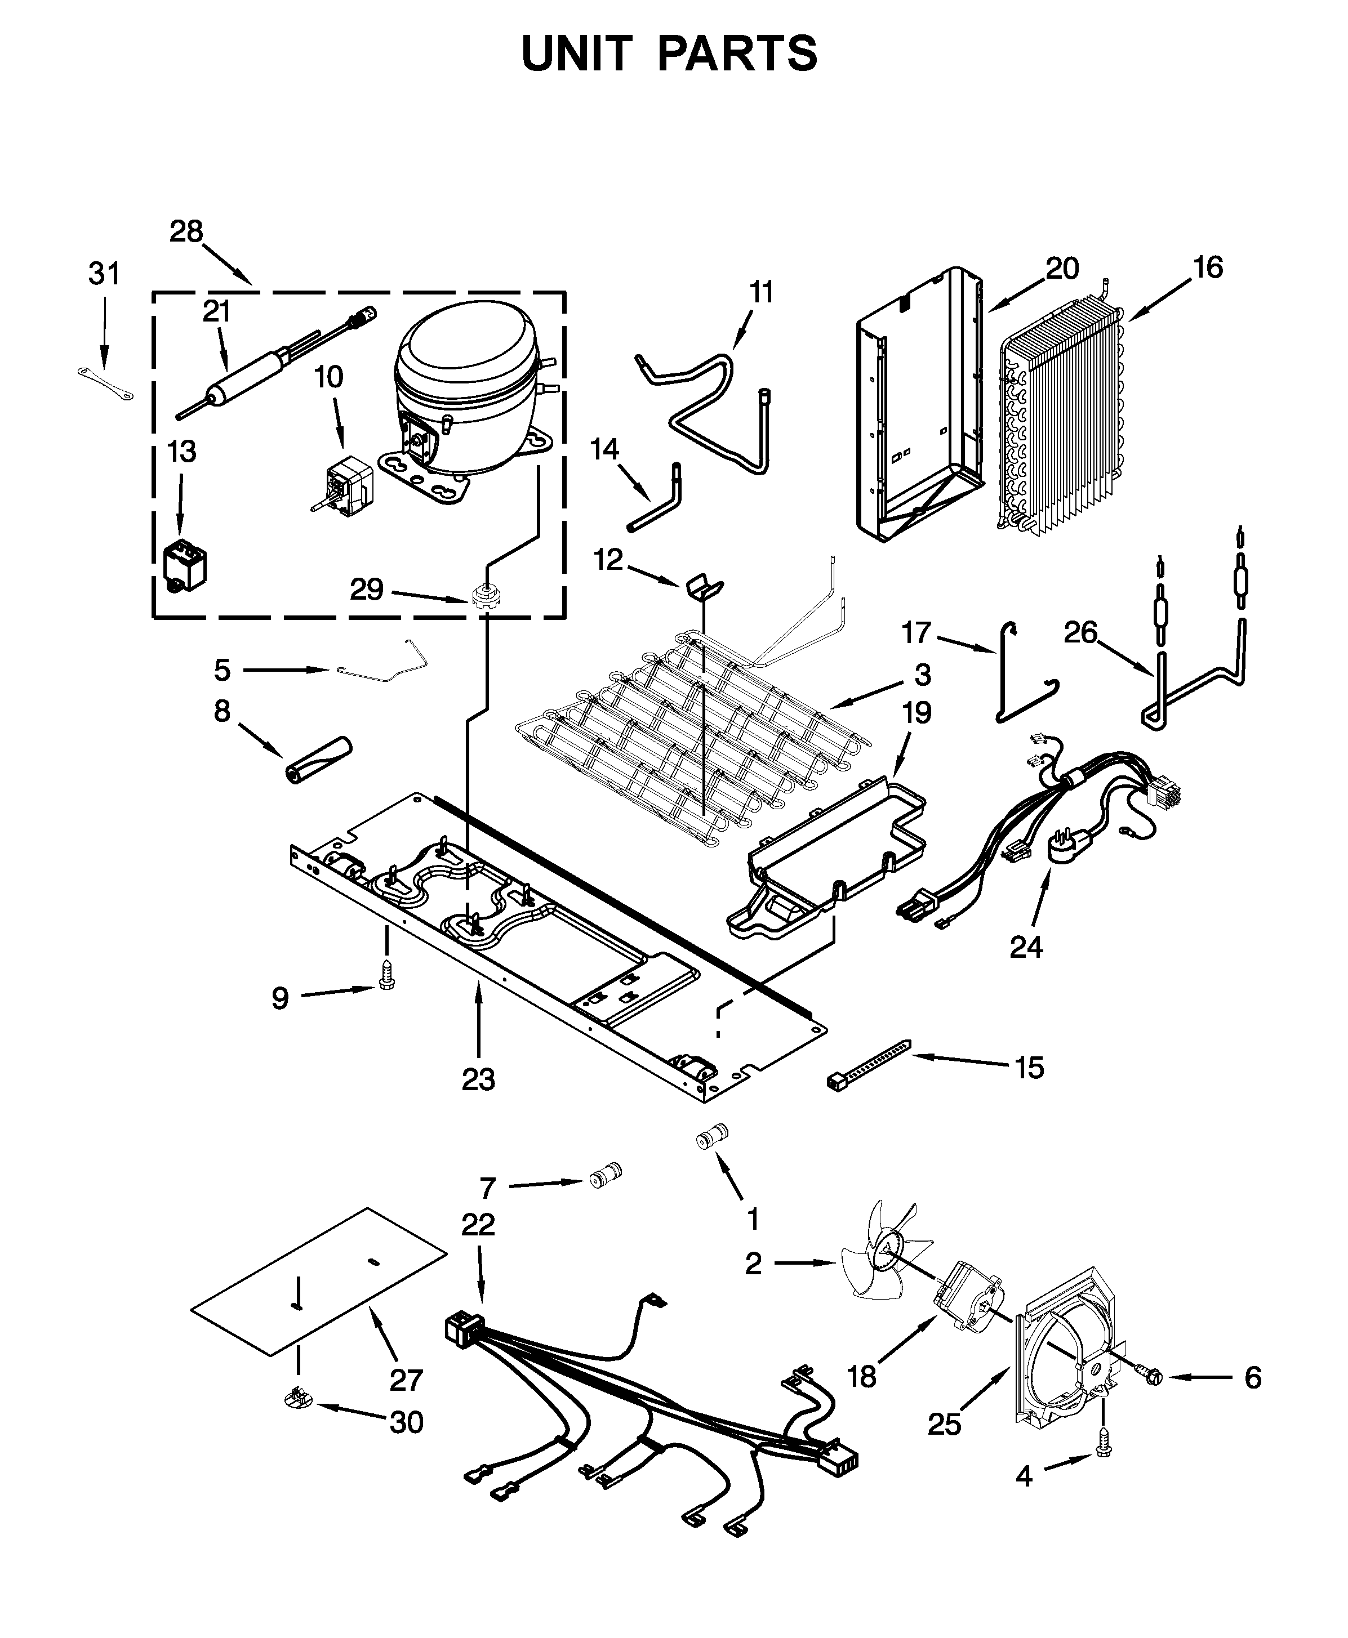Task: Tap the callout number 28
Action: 186,231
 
